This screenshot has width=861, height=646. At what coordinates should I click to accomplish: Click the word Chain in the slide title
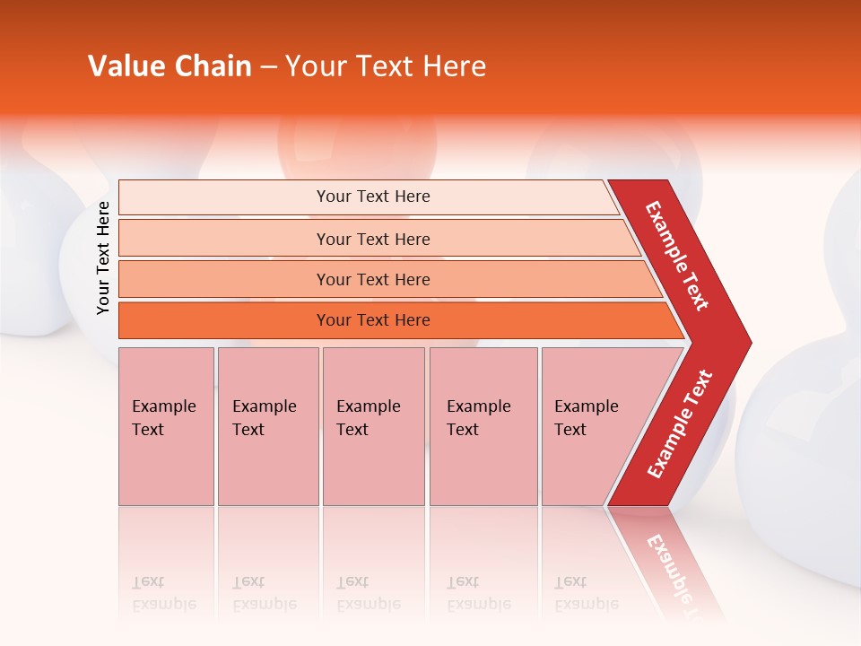pyautogui.click(x=212, y=66)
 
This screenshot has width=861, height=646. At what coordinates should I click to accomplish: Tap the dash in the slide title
pyautogui.click(x=268, y=67)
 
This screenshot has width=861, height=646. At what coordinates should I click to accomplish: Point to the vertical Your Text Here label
pyautogui.click(x=103, y=258)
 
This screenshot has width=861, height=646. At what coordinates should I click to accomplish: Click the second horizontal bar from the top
pyautogui.click(x=372, y=239)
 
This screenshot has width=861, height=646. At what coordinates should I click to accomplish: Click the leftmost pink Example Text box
pyautogui.click(x=166, y=426)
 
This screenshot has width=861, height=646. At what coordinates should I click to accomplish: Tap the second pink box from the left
pyautogui.click(x=267, y=426)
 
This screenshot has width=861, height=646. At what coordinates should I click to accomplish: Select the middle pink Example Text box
pyautogui.click(x=373, y=426)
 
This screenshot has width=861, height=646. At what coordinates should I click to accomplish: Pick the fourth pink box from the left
pyautogui.click(x=483, y=426)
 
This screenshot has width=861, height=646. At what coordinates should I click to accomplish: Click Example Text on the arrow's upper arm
pyautogui.click(x=677, y=256)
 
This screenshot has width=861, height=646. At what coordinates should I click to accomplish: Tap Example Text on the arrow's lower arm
pyautogui.click(x=680, y=424)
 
